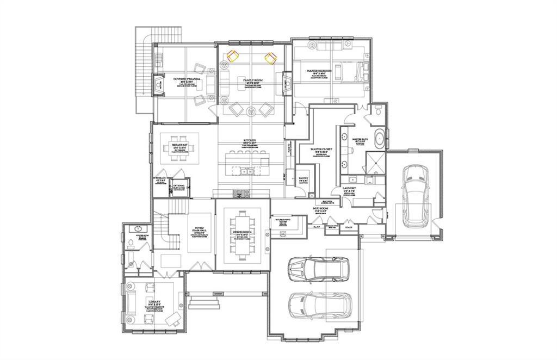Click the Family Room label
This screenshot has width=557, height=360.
click(x=250, y=80)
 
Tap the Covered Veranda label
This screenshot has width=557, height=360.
click(x=187, y=79)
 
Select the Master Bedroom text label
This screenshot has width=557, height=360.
click(x=319, y=71)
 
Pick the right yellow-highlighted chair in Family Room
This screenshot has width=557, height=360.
click(x=270, y=57)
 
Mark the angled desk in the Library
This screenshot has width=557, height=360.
click(x=172, y=316)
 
